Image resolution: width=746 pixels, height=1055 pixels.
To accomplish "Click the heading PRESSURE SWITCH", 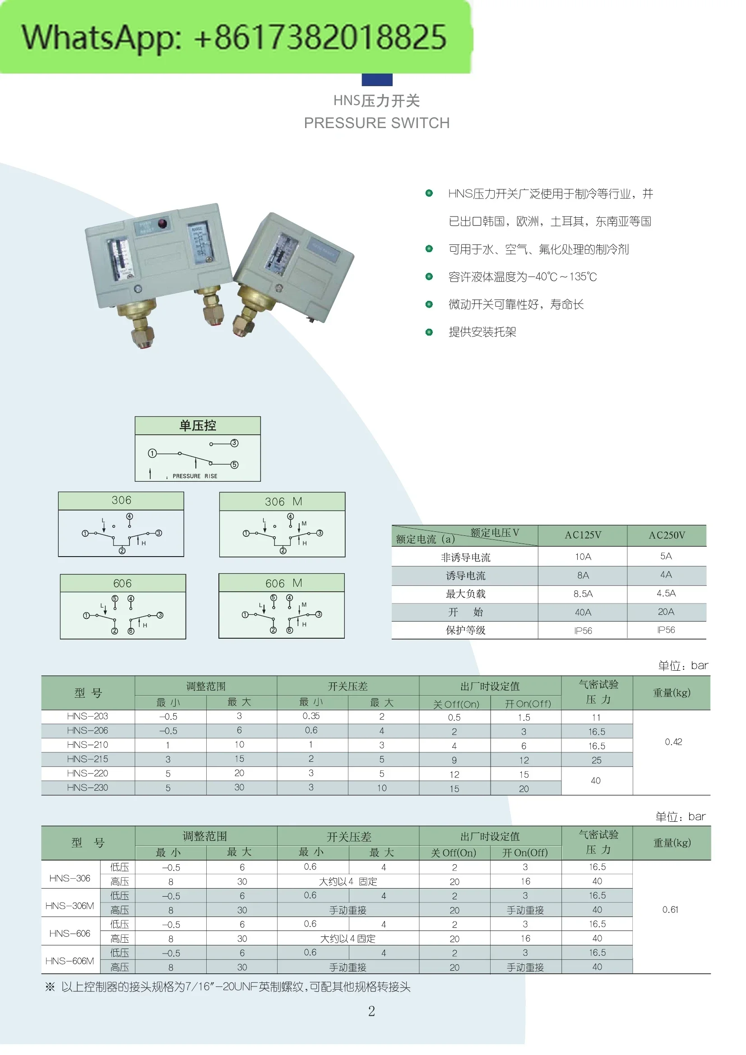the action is click(376, 123).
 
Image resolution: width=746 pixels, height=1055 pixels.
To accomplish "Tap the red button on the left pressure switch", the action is click(162, 224).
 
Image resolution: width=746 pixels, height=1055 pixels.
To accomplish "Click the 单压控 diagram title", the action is click(198, 425).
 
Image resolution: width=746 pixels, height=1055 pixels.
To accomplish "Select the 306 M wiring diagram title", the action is click(283, 502).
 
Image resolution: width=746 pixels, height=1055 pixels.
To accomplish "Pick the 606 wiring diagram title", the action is click(122, 584).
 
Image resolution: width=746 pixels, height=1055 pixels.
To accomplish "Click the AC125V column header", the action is click(582, 535).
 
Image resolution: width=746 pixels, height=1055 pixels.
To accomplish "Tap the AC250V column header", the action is click(667, 535).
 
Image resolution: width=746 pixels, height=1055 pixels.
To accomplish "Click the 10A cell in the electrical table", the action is click(582, 557).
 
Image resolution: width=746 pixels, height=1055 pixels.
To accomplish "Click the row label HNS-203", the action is click(88, 716).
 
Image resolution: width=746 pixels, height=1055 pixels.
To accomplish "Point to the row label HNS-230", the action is click(88, 788).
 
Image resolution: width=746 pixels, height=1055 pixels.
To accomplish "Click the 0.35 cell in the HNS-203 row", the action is click(311, 716).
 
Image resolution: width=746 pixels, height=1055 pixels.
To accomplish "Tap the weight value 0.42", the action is click(673, 742).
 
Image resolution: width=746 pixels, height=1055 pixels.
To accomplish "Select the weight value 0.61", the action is click(670, 910).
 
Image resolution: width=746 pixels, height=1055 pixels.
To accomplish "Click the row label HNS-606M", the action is click(70, 961).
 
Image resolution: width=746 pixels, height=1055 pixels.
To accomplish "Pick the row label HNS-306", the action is click(70, 879).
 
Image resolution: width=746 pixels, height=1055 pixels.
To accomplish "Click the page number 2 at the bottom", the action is click(371, 1011).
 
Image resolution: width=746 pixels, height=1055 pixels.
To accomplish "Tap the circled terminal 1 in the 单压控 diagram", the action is click(152, 453).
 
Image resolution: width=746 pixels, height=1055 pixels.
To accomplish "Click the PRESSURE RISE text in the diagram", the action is click(195, 476).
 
